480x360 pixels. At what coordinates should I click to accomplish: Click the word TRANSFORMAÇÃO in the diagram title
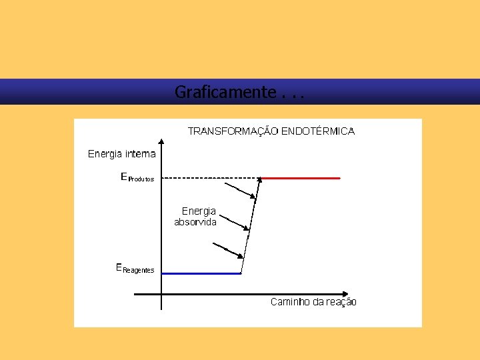tap(233, 131)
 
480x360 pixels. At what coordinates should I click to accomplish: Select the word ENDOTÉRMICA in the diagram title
tap(318, 131)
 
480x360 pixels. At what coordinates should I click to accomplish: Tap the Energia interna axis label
tap(121, 154)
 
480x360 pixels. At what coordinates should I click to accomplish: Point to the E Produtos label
tap(137, 178)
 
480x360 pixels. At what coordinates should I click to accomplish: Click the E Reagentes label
tap(135, 269)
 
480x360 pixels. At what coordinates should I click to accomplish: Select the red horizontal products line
tap(301, 178)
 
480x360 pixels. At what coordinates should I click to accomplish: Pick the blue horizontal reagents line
tap(201, 273)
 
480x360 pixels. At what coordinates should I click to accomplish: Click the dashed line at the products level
tap(210, 178)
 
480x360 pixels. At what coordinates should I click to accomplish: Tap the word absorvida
tap(195, 223)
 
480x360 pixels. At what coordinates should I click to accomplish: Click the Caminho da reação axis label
tap(313, 302)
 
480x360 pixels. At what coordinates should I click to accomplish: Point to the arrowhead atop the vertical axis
tap(161, 141)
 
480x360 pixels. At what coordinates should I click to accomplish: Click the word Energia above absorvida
tap(199, 211)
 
